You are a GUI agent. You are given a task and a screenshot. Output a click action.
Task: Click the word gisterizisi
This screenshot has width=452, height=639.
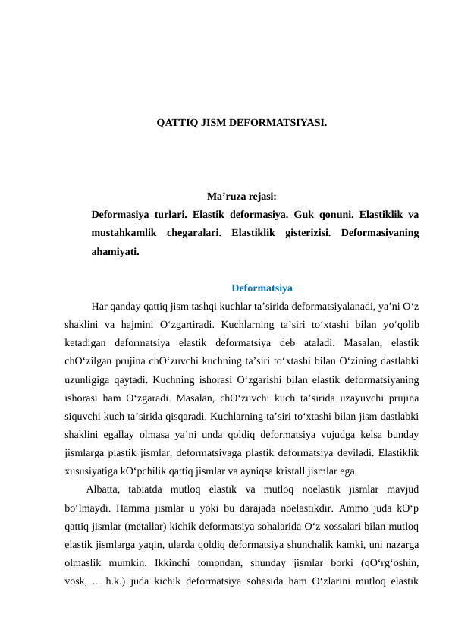pyautogui.click(x=305, y=232)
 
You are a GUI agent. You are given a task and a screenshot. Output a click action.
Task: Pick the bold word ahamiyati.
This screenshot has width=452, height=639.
pyautogui.click(x=115, y=250)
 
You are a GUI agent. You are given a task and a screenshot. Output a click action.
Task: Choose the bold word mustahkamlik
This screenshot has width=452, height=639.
pyautogui.click(x=124, y=232)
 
